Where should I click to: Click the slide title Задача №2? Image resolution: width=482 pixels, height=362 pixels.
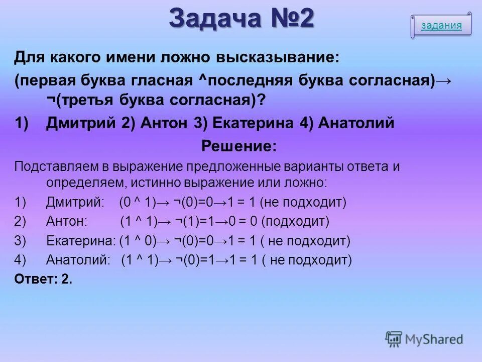pos(242,19)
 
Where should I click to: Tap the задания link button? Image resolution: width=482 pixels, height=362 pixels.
pos(441,26)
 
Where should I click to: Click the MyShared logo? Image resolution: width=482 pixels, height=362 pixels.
pos(424,339)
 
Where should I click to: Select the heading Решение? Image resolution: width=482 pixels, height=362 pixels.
pos(239,146)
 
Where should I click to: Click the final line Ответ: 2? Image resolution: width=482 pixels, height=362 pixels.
pos(43,280)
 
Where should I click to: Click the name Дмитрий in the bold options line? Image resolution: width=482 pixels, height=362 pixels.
pos(81,123)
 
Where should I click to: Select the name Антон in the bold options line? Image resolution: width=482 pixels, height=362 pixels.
pos(165,123)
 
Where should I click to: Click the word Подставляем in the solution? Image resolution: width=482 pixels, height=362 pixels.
pos(52,166)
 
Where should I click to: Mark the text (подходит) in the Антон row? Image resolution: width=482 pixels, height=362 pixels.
pos(295,221)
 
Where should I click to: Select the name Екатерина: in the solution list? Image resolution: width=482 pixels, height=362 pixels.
pos(81,241)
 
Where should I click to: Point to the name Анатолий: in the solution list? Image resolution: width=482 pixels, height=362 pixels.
pos(78,260)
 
